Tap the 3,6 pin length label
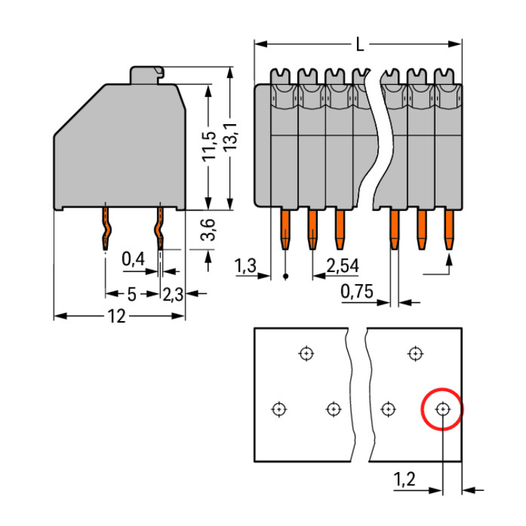(x=208, y=230)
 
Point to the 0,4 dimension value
(x=133, y=259)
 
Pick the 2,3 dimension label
(x=173, y=295)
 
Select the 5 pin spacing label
(x=131, y=295)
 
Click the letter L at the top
(x=359, y=46)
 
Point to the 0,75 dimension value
(x=356, y=292)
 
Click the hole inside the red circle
(x=443, y=409)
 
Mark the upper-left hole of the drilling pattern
(x=306, y=353)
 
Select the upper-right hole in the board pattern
(x=416, y=353)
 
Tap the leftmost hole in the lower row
(x=279, y=409)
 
